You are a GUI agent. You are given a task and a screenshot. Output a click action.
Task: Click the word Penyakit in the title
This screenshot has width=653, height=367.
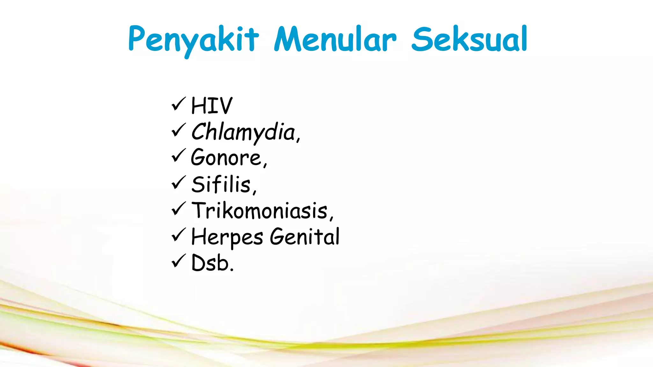pyautogui.click(x=193, y=40)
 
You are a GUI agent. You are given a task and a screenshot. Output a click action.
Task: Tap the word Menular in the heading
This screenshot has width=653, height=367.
pyautogui.click(x=335, y=39)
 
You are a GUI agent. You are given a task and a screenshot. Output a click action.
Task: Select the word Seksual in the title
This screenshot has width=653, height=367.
pyautogui.click(x=469, y=39)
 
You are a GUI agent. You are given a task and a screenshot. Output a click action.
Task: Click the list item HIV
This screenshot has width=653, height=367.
pyautogui.click(x=212, y=106)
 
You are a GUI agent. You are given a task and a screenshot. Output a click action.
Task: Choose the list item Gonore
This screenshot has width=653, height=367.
pyautogui.click(x=226, y=157)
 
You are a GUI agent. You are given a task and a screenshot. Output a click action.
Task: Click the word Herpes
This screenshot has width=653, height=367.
pyautogui.click(x=227, y=237)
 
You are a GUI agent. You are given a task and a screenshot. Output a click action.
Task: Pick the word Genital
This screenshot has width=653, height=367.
pyautogui.click(x=305, y=237)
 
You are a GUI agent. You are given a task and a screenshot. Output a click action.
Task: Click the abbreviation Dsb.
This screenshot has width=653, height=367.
pyautogui.click(x=212, y=263)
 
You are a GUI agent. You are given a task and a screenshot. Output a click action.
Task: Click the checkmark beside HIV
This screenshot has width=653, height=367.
pyautogui.click(x=178, y=104)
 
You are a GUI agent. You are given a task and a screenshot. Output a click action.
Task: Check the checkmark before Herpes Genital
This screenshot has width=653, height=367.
pyautogui.click(x=178, y=235)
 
